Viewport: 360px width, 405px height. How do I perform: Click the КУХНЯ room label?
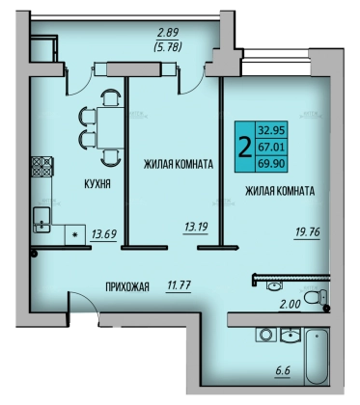(97, 184)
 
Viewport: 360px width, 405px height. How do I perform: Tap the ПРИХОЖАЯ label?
(127, 287)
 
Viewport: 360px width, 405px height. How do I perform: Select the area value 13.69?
(104, 234)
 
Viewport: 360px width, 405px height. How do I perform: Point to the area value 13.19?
(196, 227)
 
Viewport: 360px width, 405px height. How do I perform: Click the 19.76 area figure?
(308, 231)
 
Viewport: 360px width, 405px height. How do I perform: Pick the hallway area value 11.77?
(180, 285)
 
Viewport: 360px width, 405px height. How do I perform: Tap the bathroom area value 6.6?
(283, 370)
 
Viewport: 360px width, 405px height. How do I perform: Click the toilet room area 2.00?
(290, 304)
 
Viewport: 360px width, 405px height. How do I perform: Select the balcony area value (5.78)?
(168, 47)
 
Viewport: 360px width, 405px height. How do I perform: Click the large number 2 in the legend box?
(244, 147)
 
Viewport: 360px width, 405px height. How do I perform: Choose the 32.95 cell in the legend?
(271, 130)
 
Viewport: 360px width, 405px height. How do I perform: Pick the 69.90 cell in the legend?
(271, 164)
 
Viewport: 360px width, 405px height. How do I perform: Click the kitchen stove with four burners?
(42, 166)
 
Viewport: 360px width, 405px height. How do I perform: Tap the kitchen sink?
(42, 220)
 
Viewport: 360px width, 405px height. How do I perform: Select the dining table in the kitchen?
(110, 127)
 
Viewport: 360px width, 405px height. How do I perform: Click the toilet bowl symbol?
(316, 297)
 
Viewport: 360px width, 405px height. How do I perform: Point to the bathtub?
(318, 356)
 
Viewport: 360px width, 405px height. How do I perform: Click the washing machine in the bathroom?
(266, 335)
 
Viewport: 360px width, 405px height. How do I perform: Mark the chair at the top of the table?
(110, 97)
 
